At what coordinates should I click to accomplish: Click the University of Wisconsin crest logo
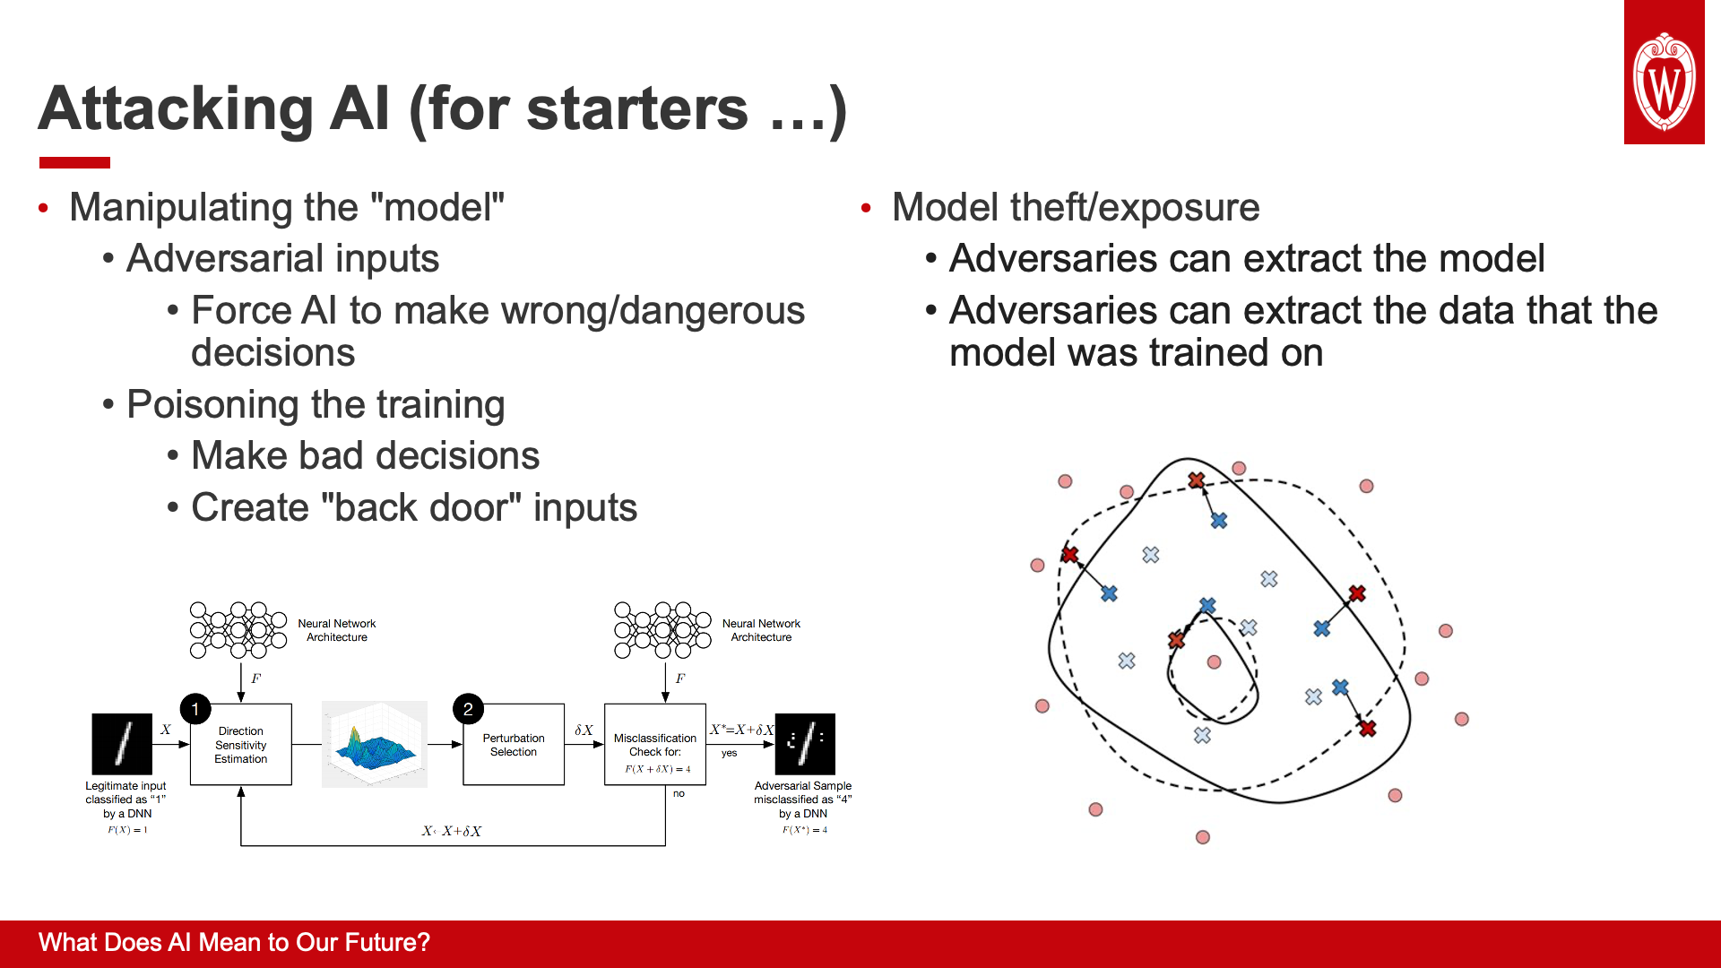pyautogui.click(x=1664, y=81)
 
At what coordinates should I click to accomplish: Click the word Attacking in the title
pyautogui.click(x=175, y=109)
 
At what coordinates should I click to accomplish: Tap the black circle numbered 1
pyautogui.click(x=195, y=709)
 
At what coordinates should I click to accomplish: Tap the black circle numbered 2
pyautogui.click(x=468, y=709)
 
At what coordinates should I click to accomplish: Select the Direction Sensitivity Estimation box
pyautogui.click(x=241, y=745)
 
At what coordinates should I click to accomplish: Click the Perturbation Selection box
pyautogui.click(x=514, y=745)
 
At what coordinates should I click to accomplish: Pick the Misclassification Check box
pyautogui.click(x=655, y=745)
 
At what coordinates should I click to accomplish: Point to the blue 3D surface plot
pyautogui.click(x=376, y=744)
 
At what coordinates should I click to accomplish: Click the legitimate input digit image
pyautogui.click(x=122, y=744)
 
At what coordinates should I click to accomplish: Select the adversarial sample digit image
pyautogui.click(x=805, y=744)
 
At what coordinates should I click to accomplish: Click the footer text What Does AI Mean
pyautogui.click(x=234, y=943)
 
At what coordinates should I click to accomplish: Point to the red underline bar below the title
pyautogui.click(x=74, y=162)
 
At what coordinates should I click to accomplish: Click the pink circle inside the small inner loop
pyautogui.click(x=1214, y=662)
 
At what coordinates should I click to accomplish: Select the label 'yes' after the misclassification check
pyautogui.click(x=729, y=753)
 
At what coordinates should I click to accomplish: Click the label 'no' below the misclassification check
pyautogui.click(x=679, y=793)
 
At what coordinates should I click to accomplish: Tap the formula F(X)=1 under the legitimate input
pyautogui.click(x=127, y=830)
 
